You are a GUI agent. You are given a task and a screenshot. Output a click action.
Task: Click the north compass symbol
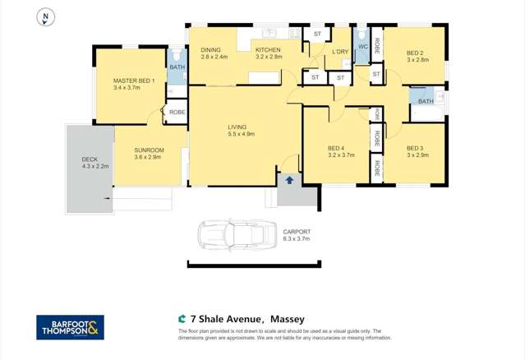click(47, 16)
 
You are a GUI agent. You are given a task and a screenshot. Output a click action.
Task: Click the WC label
click(362, 48)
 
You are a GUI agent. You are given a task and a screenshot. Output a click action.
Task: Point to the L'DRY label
click(340, 52)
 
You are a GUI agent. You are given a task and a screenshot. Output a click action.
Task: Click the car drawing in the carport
click(236, 234)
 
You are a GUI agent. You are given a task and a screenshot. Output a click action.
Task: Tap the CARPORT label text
click(297, 233)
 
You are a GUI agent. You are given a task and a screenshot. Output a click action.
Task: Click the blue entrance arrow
click(289, 180)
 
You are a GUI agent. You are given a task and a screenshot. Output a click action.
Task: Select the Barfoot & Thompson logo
click(70, 327)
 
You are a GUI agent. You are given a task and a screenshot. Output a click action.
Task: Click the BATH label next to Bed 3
click(425, 101)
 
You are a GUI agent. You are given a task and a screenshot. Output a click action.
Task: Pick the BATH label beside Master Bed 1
click(177, 67)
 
